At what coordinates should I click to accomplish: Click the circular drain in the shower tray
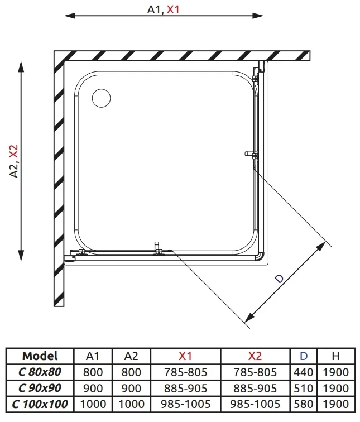coord(101,98)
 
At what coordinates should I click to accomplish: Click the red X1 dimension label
coord(173,9)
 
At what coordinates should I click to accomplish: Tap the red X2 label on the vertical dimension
coord(13,152)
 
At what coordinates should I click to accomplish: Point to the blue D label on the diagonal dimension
coord(280,279)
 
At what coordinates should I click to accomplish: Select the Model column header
coord(40,356)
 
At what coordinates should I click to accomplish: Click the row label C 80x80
coord(40,372)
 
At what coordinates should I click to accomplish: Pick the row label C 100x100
coord(40,404)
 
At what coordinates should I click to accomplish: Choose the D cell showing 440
coord(304,372)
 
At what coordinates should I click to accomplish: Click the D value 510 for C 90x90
coord(304,388)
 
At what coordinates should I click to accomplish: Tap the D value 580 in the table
coord(304,404)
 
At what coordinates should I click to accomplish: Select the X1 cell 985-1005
coord(186,404)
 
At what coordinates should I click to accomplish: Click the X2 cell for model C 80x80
coord(255,372)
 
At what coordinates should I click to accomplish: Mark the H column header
coord(335,356)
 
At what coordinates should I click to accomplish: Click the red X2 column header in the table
coord(255,356)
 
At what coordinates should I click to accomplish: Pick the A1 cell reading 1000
coord(93,404)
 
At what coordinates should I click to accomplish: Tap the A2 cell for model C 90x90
coord(131,388)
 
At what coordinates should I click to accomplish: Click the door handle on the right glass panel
coord(251,154)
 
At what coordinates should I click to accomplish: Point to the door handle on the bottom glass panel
coord(157,248)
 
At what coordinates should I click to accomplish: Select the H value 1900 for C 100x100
coord(335,404)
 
